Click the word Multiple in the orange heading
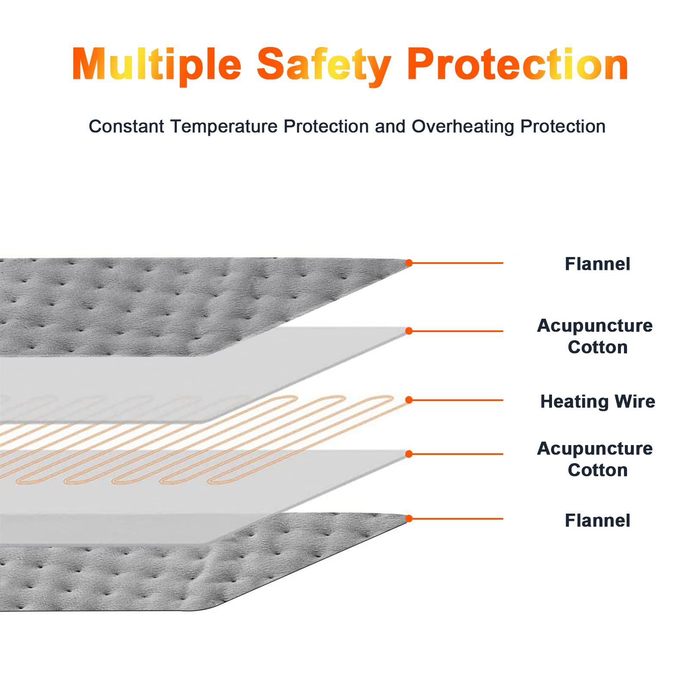pos(157,65)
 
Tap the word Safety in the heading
pos(324,65)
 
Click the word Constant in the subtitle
pos(126,126)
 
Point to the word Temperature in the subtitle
pos(224,127)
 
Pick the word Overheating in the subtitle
pos(463,127)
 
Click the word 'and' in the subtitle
pos(390,126)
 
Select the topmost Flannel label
pos(597,264)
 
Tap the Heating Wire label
pos(598,401)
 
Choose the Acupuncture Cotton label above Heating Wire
pos(595,336)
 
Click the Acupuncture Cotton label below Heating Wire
pos(595,459)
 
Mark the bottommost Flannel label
pos(597,521)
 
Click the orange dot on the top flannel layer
pos(409,263)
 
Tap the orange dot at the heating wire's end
pos(409,400)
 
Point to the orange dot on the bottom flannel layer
pos(409,518)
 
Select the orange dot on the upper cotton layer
pos(409,331)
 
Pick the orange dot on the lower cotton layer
pos(409,454)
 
